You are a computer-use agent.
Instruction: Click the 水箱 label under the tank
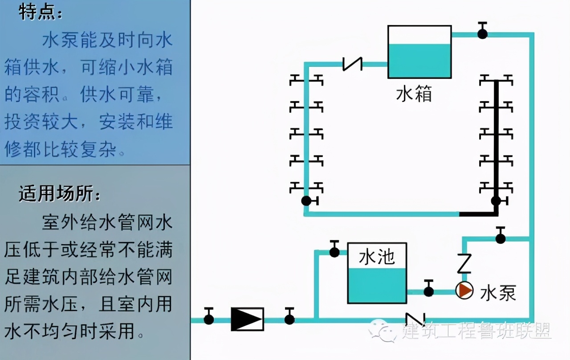click(414, 94)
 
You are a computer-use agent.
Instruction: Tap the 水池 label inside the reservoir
click(377, 257)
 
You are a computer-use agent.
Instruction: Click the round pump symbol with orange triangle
click(464, 291)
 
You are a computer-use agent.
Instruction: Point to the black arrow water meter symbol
click(247, 319)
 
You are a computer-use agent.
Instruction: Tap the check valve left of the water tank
click(352, 64)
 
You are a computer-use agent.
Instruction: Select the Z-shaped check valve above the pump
click(464, 262)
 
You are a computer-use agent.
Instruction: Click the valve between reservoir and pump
click(428, 291)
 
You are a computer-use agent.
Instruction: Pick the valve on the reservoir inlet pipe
click(334, 252)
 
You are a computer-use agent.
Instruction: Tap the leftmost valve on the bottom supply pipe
click(208, 319)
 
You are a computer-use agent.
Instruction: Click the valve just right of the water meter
click(289, 319)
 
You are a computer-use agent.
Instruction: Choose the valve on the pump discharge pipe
click(501, 238)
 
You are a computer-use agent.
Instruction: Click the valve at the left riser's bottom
click(306, 201)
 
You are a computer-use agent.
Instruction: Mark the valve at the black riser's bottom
click(496, 201)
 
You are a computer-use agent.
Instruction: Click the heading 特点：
click(40, 13)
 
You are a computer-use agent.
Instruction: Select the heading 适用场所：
click(59, 195)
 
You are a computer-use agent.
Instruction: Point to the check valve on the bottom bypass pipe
click(415, 319)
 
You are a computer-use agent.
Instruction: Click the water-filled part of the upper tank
click(419, 61)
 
